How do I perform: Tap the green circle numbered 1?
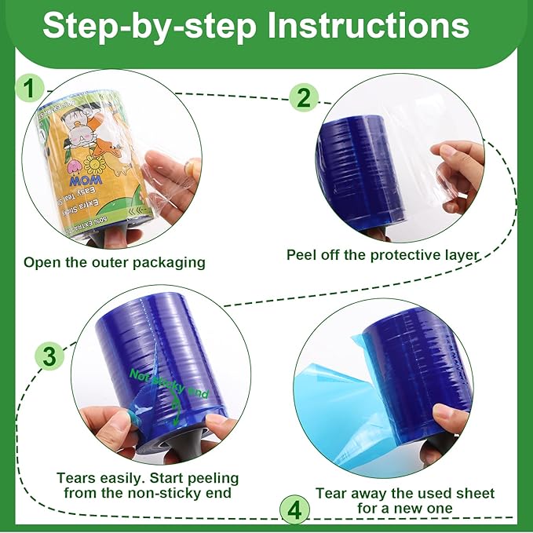pyautogui.click(x=29, y=89)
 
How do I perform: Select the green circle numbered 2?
pyautogui.click(x=304, y=98)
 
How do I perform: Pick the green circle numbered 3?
pyautogui.click(x=49, y=358)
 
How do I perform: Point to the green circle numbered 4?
pyautogui.click(x=294, y=511)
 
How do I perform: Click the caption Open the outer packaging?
pyautogui.click(x=114, y=262)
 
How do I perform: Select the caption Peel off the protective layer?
pyautogui.click(x=383, y=254)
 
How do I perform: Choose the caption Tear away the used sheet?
pyautogui.click(x=405, y=493)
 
